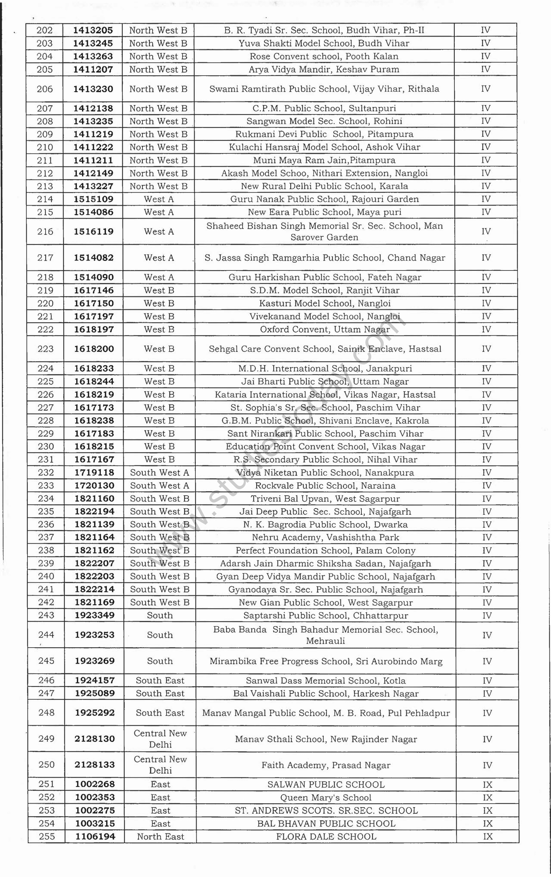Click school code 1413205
[x=93, y=30]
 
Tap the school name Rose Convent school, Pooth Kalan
[x=324, y=57]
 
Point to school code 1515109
[x=94, y=199]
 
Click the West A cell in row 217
[x=159, y=258]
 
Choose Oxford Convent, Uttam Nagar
[x=325, y=330]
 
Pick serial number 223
[x=46, y=349]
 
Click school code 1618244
[x=94, y=382]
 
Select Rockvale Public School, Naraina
[x=325, y=486]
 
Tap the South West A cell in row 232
[x=160, y=473]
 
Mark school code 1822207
[x=94, y=564]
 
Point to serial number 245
[x=46, y=661]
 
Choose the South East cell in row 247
[x=160, y=693]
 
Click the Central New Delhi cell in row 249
[x=160, y=739]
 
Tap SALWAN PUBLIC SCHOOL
[x=326, y=785]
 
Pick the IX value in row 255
[x=487, y=837]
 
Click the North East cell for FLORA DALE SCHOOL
[x=160, y=837]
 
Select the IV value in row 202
[x=485, y=30]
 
